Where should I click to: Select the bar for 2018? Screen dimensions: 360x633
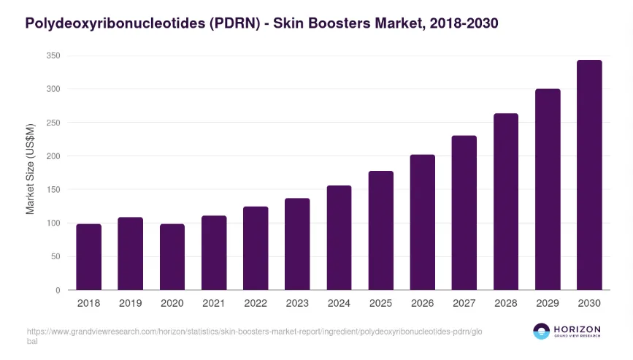(x=88, y=257)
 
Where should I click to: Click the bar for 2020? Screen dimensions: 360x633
(x=172, y=257)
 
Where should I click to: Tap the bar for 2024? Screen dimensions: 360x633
(x=339, y=238)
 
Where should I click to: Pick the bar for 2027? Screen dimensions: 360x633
(x=464, y=212)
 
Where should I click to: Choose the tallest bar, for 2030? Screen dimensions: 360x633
(x=589, y=175)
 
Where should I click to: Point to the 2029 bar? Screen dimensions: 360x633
(x=548, y=190)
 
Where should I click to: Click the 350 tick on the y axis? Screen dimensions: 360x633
(x=52, y=56)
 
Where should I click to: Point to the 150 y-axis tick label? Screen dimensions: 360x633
(x=52, y=190)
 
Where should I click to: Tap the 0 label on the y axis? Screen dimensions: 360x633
(x=57, y=290)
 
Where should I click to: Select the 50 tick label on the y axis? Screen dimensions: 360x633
(x=54, y=256)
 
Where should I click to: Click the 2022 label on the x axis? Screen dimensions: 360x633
(x=256, y=303)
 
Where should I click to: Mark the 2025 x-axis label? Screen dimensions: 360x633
(x=380, y=303)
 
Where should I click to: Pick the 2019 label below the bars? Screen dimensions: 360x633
(x=130, y=303)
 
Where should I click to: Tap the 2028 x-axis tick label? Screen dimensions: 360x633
(x=506, y=303)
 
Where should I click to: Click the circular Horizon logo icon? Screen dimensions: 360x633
(x=541, y=332)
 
